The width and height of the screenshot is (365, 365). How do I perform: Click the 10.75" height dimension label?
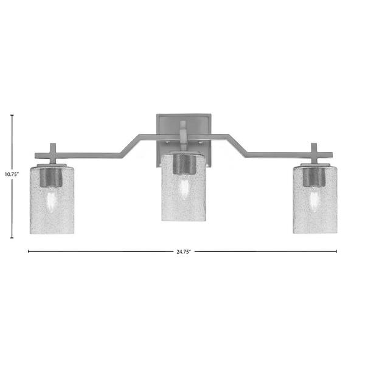pos(12,174)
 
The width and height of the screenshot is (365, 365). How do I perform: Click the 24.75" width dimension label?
pos(184,252)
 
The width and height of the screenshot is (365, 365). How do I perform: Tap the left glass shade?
pos(52,200)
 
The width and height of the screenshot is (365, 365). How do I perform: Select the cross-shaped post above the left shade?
pos(53,154)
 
